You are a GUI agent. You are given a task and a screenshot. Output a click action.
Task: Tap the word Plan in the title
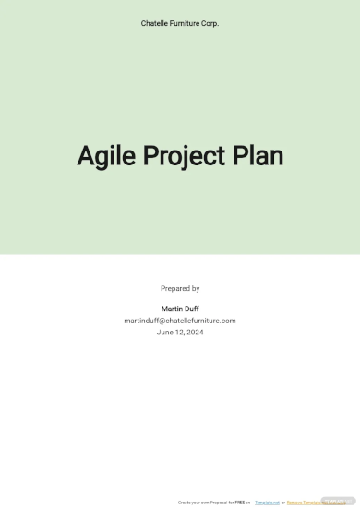pos(258,157)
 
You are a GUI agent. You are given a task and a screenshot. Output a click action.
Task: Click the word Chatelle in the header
pos(155,23)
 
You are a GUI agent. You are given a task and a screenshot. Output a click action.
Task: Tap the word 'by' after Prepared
pos(195,288)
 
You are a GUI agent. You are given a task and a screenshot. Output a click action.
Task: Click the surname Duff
pos(191,309)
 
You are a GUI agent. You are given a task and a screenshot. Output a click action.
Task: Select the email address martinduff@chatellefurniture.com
pos(180,321)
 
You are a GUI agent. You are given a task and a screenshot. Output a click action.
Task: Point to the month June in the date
pos(165,333)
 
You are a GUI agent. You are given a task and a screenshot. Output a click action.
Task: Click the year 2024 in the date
pos(194,333)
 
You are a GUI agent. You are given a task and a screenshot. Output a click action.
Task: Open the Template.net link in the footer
pos(267,503)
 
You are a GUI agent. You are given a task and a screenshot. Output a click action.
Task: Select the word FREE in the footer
pos(238,503)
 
